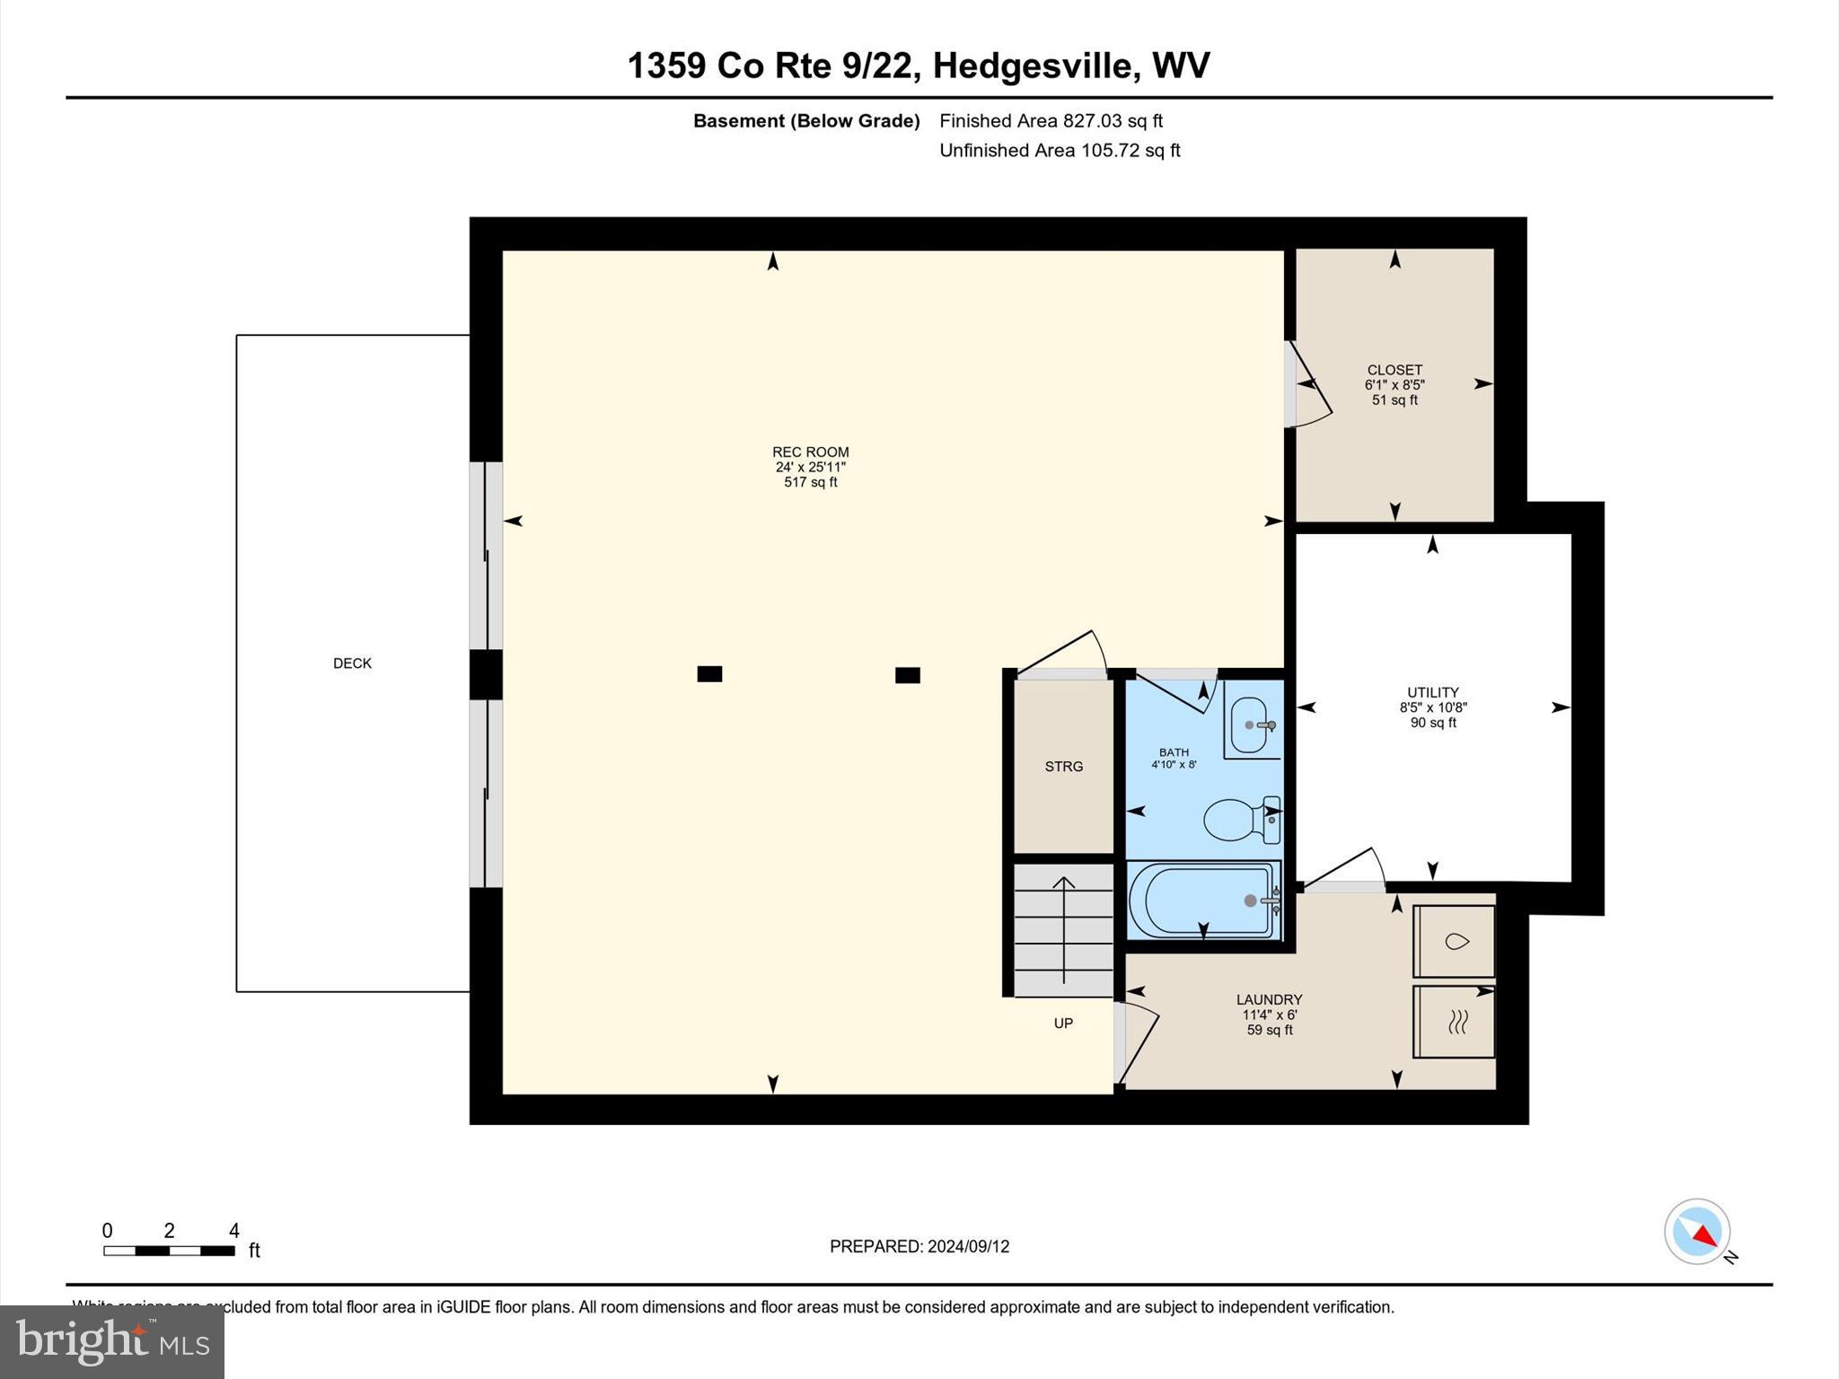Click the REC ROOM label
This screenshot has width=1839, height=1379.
point(810,452)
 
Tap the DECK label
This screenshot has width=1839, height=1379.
point(352,663)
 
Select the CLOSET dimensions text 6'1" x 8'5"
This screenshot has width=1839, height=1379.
point(1395,385)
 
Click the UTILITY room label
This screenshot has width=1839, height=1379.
point(1432,692)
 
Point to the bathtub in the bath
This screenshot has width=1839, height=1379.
point(1202,900)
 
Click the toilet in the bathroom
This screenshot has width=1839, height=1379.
point(1239,820)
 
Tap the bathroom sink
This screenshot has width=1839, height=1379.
point(1250,725)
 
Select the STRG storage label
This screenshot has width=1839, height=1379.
point(1063,767)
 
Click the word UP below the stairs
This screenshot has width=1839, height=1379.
point(1063,1023)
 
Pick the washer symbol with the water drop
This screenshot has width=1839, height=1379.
point(1455,941)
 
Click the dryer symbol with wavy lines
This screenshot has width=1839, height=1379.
point(1455,1022)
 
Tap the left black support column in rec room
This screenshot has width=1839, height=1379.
point(709,674)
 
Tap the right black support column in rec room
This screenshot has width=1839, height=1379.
point(907,675)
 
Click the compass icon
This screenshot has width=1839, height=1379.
point(1697,1232)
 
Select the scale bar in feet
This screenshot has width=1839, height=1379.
point(169,1251)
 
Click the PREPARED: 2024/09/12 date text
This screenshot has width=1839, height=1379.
point(919,1246)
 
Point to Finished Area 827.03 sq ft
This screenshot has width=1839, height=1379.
point(1051,121)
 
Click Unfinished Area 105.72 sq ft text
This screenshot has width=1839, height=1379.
point(1060,151)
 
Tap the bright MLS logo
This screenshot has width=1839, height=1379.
point(112,1342)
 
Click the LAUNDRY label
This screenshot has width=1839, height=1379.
point(1269,1000)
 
